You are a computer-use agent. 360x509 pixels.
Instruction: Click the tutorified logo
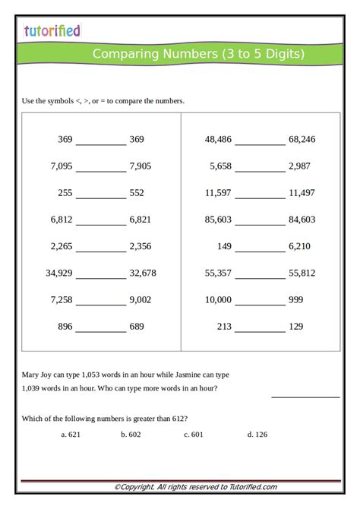click(x=52, y=30)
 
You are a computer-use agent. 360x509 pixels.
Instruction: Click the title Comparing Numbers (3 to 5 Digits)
click(x=199, y=54)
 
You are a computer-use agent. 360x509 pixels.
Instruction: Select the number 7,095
click(x=62, y=166)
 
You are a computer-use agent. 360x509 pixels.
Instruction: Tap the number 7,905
click(x=141, y=166)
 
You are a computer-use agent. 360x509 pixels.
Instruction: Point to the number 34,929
click(x=59, y=273)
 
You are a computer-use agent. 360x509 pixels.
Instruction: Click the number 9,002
click(x=141, y=299)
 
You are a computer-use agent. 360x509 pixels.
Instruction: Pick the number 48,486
click(x=219, y=139)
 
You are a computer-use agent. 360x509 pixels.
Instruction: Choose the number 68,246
click(x=302, y=139)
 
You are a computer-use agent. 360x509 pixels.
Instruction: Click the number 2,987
click(x=299, y=166)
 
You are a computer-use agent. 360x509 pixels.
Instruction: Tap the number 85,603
click(x=219, y=220)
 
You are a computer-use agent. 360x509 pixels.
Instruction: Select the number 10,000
click(x=219, y=299)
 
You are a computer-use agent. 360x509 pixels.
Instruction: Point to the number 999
click(x=295, y=299)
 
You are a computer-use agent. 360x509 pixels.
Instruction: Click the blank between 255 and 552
click(x=101, y=198)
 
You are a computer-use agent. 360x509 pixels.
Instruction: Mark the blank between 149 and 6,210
click(x=260, y=251)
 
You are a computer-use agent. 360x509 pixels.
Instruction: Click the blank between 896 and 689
click(x=101, y=331)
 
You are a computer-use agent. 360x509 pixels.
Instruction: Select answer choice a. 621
click(x=71, y=435)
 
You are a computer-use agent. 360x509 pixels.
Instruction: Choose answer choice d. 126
click(x=257, y=435)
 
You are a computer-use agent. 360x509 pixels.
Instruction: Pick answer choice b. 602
click(x=131, y=435)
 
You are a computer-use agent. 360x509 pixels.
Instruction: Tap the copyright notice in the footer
click(x=195, y=487)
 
